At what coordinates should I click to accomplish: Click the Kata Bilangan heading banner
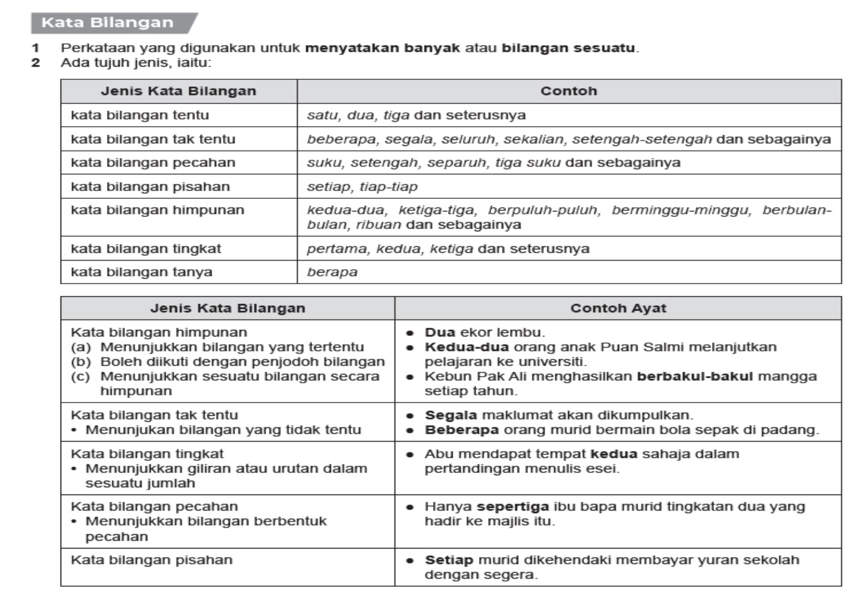pyautogui.click(x=108, y=23)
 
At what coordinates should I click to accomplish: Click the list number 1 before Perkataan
pyautogui.click(x=36, y=48)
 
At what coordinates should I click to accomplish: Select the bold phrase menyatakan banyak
pyautogui.click(x=382, y=48)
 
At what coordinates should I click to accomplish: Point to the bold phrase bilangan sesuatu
pyautogui.click(x=568, y=48)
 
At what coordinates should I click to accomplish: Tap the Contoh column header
pyautogui.click(x=569, y=91)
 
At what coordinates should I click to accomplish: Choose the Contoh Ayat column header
pyautogui.click(x=618, y=308)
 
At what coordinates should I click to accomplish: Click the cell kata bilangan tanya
pyautogui.click(x=142, y=272)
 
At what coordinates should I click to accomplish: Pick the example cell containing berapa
pyautogui.click(x=332, y=272)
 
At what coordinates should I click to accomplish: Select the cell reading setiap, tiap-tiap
pyautogui.click(x=362, y=187)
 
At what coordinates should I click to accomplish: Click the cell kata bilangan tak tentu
pyautogui.click(x=153, y=139)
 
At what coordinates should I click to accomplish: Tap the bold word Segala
pyautogui.click(x=450, y=415)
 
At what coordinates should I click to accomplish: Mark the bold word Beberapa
pyautogui.click(x=461, y=430)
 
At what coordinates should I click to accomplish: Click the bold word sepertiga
pyautogui.click(x=512, y=506)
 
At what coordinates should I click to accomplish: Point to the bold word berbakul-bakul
pyautogui.click(x=694, y=377)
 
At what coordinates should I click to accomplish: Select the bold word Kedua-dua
pyautogui.click(x=467, y=347)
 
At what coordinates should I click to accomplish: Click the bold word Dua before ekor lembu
pyautogui.click(x=440, y=332)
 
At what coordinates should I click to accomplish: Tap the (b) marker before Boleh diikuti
pyautogui.click(x=81, y=362)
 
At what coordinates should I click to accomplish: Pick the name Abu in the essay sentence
pyautogui.click(x=437, y=454)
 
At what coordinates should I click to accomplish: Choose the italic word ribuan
pyautogui.click(x=378, y=225)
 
